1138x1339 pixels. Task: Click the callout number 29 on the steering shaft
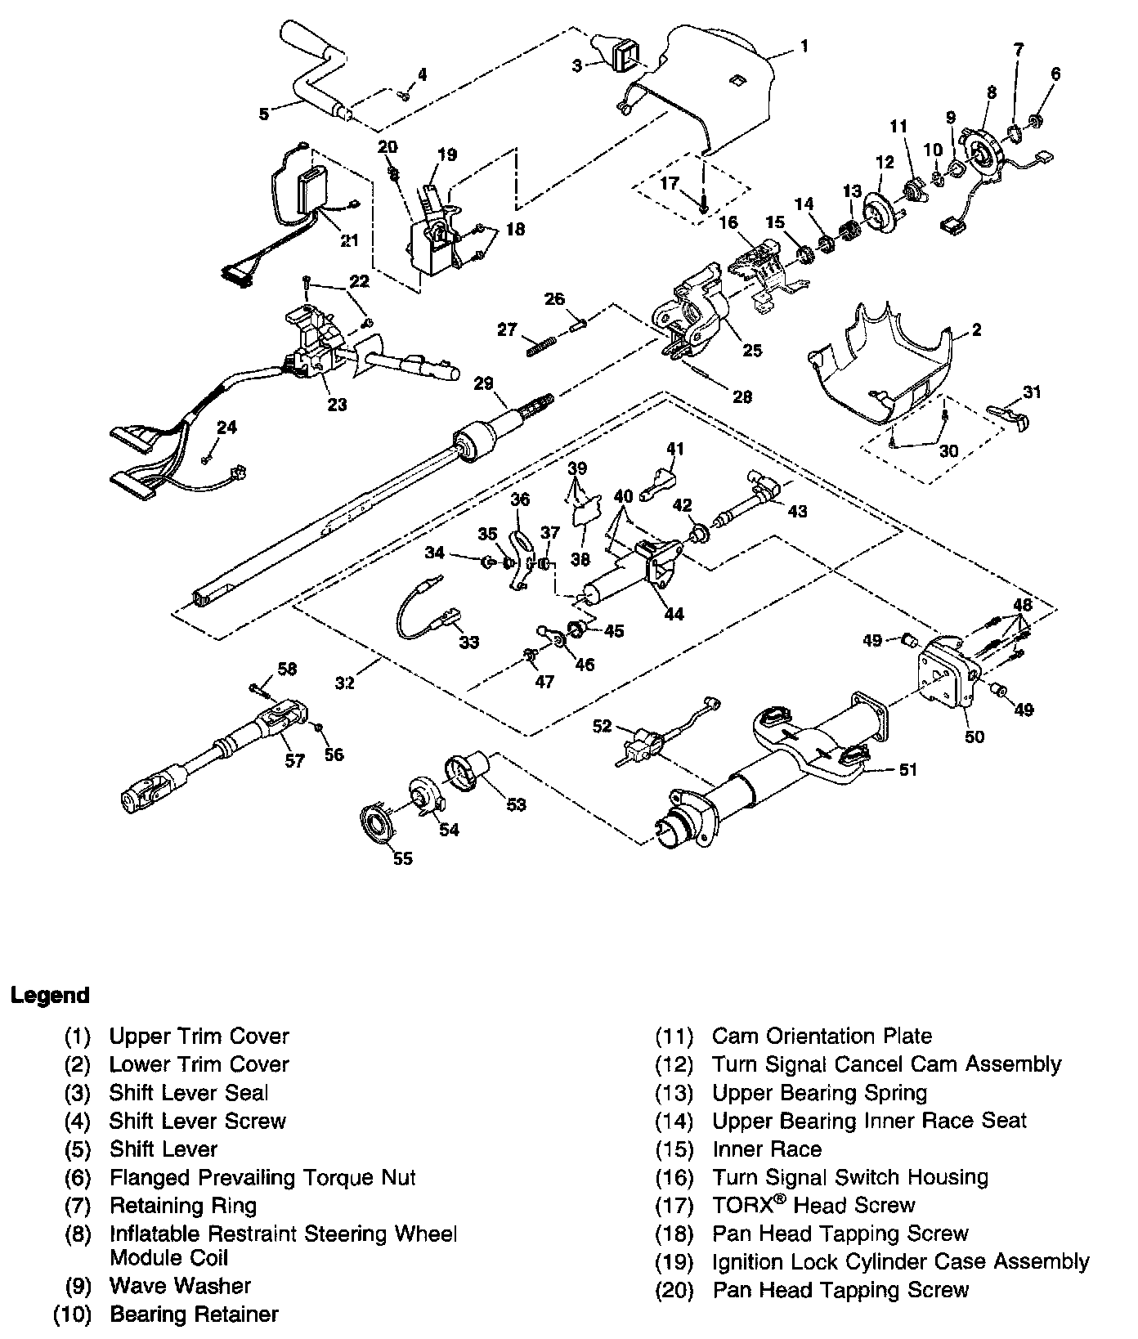(x=483, y=383)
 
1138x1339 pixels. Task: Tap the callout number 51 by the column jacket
(x=907, y=769)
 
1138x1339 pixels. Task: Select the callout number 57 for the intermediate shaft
(x=294, y=761)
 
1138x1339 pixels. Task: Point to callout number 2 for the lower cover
(x=975, y=330)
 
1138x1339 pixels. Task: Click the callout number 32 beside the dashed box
(x=345, y=682)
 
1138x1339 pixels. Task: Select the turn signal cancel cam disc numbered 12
(x=880, y=211)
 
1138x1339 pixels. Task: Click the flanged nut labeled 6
(x=1034, y=122)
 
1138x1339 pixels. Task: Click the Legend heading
(x=49, y=995)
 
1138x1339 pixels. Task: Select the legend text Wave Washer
(x=180, y=1286)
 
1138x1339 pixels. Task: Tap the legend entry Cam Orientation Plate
(x=822, y=1037)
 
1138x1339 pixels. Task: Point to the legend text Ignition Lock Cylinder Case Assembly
(x=900, y=1261)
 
